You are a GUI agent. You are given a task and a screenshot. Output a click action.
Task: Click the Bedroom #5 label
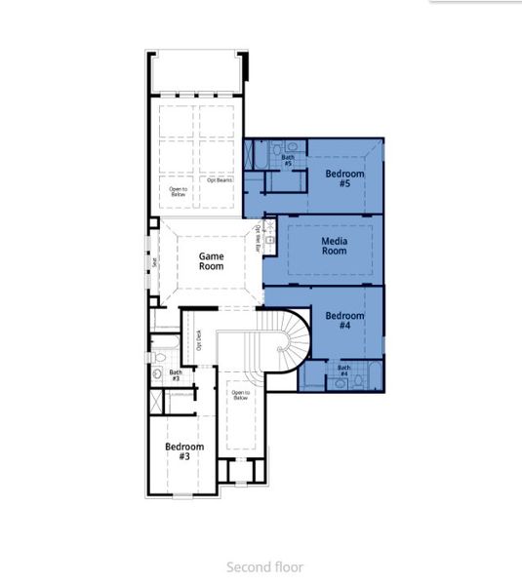coord(344,178)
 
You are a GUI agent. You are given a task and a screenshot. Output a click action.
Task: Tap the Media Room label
coord(334,245)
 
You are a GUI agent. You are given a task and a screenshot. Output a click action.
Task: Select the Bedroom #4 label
coord(344,321)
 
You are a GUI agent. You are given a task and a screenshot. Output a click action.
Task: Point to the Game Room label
coord(212,260)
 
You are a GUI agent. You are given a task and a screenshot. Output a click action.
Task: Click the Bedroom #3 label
coord(183,451)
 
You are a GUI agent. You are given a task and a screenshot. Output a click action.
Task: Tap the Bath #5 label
coord(288,160)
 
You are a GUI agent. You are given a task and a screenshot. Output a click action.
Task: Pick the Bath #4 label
coord(343,370)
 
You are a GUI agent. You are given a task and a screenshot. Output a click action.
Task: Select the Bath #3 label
coord(176,374)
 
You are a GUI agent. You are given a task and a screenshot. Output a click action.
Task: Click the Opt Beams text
coord(219,179)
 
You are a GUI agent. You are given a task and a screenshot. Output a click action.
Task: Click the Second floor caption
coord(264,566)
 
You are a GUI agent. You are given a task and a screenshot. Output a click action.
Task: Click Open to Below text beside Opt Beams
coord(179,191)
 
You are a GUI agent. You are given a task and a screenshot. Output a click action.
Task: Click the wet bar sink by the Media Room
coord(269,238)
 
